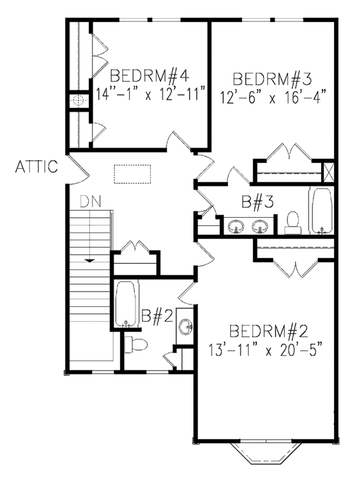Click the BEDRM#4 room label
(x=150, y=76)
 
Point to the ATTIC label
(x=37, y=166)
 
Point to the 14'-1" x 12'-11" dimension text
(x=151, y=94)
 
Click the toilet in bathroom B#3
(x=293, y=221)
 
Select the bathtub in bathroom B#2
(x=126, y=305)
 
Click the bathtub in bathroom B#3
(x=320, y=210)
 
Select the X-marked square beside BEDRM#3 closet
(x=328, y=171)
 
